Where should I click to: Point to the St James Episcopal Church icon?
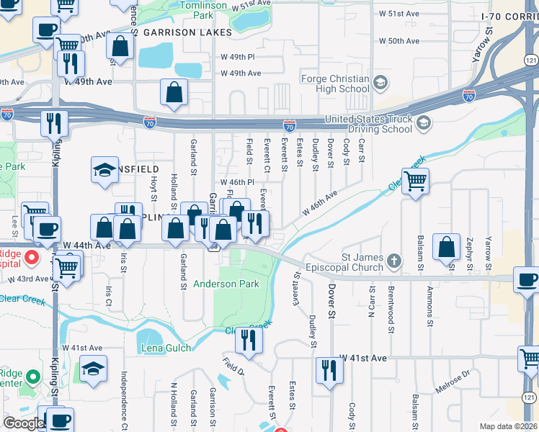tap(393, 260)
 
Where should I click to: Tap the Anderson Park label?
tap(226, 284)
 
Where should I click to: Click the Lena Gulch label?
tap(166, 348)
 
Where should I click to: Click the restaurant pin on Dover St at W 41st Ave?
tap(329, 371)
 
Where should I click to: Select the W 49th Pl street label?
tap(241, 56)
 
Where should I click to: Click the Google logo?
tap(23, 423)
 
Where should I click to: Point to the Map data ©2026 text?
tap(508, 426)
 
